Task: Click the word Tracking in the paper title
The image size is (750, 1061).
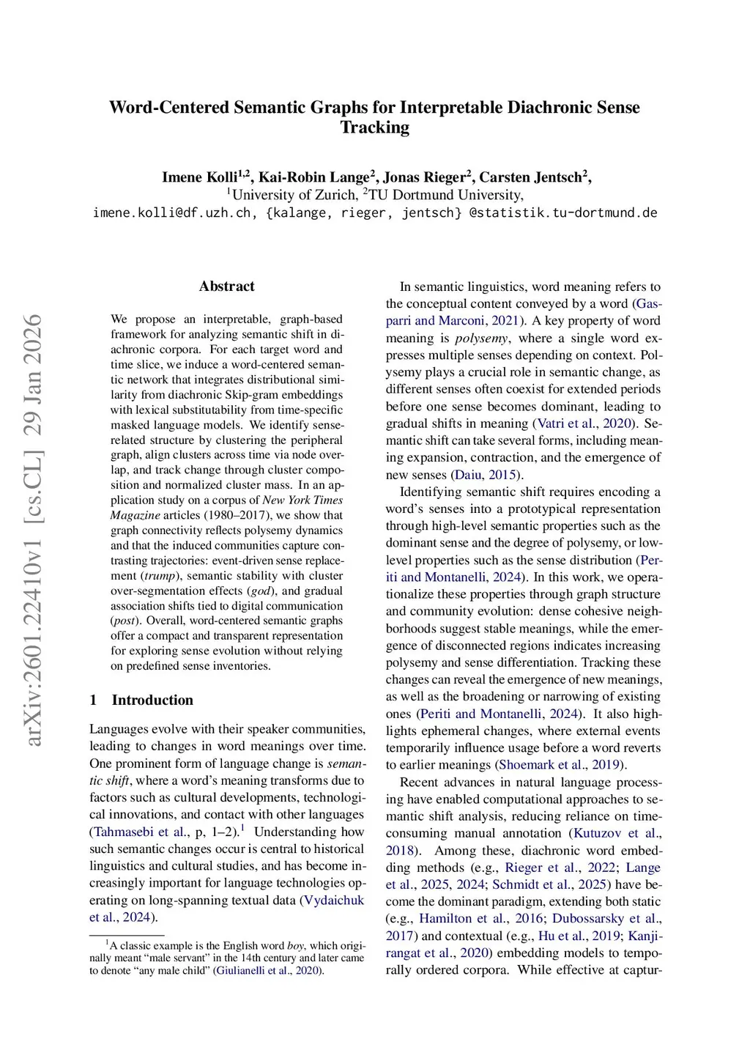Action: [374, 127]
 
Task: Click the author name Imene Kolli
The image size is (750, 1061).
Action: [199, 177]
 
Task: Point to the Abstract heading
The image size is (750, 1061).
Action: [226, 286]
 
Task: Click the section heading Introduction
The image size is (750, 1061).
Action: [152, 700]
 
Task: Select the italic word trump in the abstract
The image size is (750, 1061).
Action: [160, 576]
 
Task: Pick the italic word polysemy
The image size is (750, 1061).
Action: [481, 338]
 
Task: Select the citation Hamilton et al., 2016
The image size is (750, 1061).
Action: [480, 919]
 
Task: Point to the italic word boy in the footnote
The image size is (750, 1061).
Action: [295, 946]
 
